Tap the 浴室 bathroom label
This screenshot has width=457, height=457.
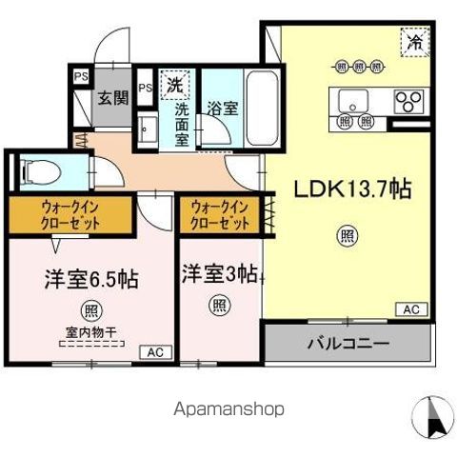(224, 109)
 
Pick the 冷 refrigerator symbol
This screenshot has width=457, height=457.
(414, 42)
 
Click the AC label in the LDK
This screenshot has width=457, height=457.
(412, 310)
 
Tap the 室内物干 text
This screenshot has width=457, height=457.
(91, 334)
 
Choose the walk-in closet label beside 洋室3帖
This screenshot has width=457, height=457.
(220, 213)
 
